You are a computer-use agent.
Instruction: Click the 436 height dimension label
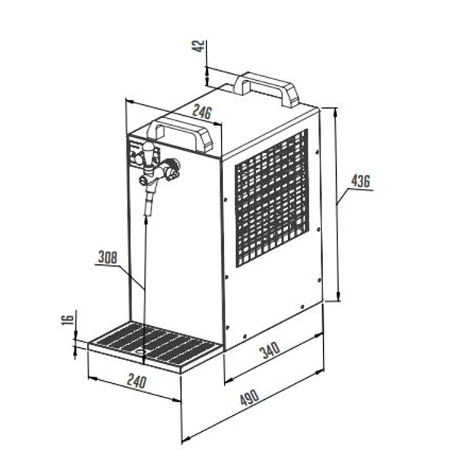point(360,181)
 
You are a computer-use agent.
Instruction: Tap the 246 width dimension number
point(202,112)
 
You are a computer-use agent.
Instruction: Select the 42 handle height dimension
point(199,46)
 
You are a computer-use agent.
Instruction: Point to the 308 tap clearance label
point(107,257)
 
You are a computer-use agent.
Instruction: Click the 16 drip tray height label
point(69,321)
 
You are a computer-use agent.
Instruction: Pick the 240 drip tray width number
point(136,382)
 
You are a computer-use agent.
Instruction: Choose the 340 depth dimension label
point(270,350)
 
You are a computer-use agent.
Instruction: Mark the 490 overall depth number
point(250,397)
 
